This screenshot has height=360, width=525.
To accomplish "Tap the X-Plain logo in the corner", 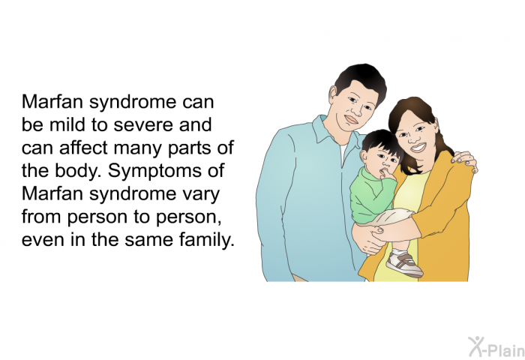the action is click(496, 346).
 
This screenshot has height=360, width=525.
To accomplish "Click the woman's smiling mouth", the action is click(418, 147).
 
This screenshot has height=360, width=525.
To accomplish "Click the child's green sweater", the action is click(372, 195).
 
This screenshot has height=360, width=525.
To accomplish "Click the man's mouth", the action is click(352, 119).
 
